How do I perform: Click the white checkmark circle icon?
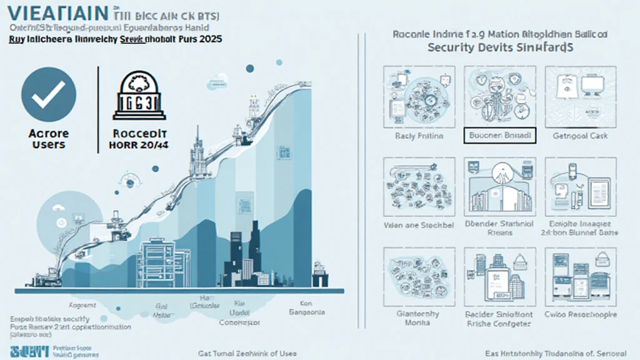[x=48, y=94]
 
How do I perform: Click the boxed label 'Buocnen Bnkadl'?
[x=499, y=135]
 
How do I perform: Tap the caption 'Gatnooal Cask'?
[x=581, y=136]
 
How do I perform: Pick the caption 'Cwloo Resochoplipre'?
[x=581, y=314]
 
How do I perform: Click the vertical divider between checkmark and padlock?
[x=98, y=109]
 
